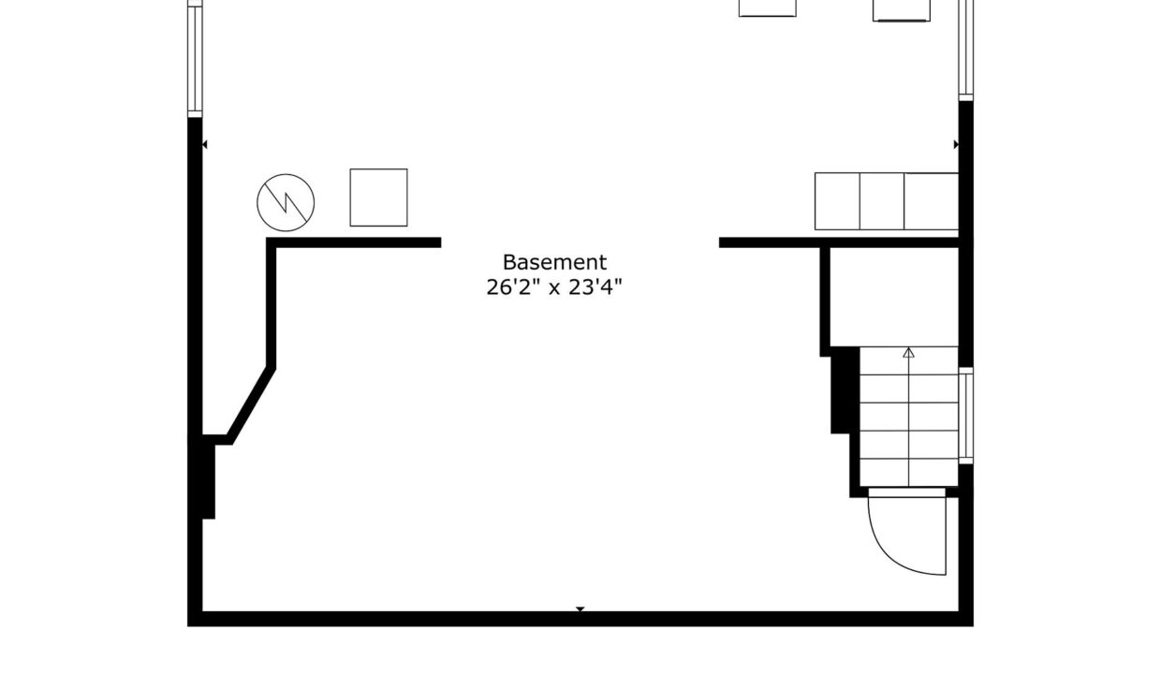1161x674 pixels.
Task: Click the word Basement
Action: point(554,262)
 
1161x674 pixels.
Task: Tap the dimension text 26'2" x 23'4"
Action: point(553,287)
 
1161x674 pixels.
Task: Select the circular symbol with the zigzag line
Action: point(286,202)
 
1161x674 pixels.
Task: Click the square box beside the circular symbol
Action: point(378,198)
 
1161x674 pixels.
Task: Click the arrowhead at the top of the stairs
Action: point(908,353)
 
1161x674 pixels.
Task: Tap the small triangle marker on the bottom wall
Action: point(580,608)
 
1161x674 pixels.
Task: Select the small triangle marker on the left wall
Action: point(205,144)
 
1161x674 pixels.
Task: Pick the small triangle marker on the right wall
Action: point(956,144)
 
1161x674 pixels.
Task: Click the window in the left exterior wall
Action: point(195,59)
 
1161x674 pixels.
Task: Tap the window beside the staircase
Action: point(965,416)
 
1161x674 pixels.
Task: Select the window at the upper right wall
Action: point(965,51)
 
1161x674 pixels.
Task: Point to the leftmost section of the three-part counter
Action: point(837,201)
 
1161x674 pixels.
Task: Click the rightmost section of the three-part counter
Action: point(932,201)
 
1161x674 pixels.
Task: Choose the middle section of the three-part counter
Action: point(882,201)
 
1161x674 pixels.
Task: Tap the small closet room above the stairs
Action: point(894,297)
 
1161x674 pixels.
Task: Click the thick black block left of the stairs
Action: point(845,390)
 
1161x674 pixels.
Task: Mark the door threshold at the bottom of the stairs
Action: point(906,492)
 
